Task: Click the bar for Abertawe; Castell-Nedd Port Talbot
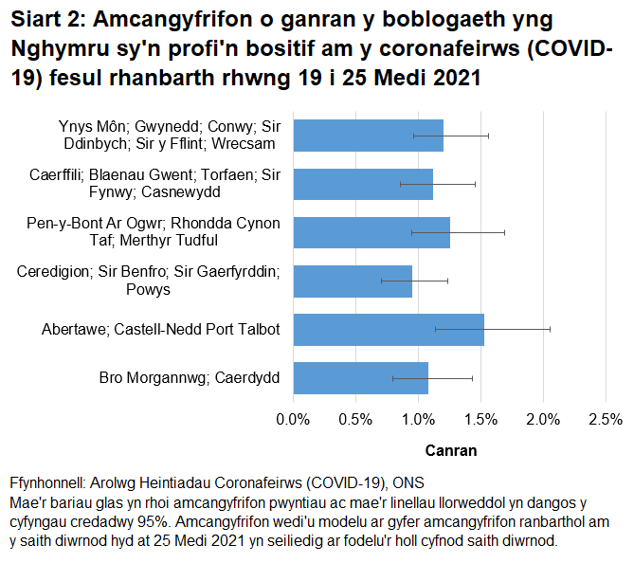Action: [x=389, y=329]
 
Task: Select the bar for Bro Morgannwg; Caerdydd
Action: [x=360, y=377]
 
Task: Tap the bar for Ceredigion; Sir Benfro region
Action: [x=353, y=281]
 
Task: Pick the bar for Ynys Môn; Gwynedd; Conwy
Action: [x=368, y=136]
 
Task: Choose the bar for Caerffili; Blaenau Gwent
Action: [x=363, y=184]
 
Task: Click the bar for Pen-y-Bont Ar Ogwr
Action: [x=371, y=232]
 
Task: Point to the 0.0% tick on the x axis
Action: [x=293, y=420]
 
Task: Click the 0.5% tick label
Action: [x=355, y=420]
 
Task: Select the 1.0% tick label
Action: [x=418, y=420]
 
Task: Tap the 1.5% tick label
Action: [x=480, y=420]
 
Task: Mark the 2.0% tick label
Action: [x=543, y=420]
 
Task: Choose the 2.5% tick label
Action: [x=606, y=420]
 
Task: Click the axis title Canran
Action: [x=450, y=450]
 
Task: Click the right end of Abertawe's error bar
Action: [x=550, y=329]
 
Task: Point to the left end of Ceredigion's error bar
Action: [x=381, y=281]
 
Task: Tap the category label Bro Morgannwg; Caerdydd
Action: [x=189, y=378]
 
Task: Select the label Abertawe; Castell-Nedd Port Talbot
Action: [x=160, y=330]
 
